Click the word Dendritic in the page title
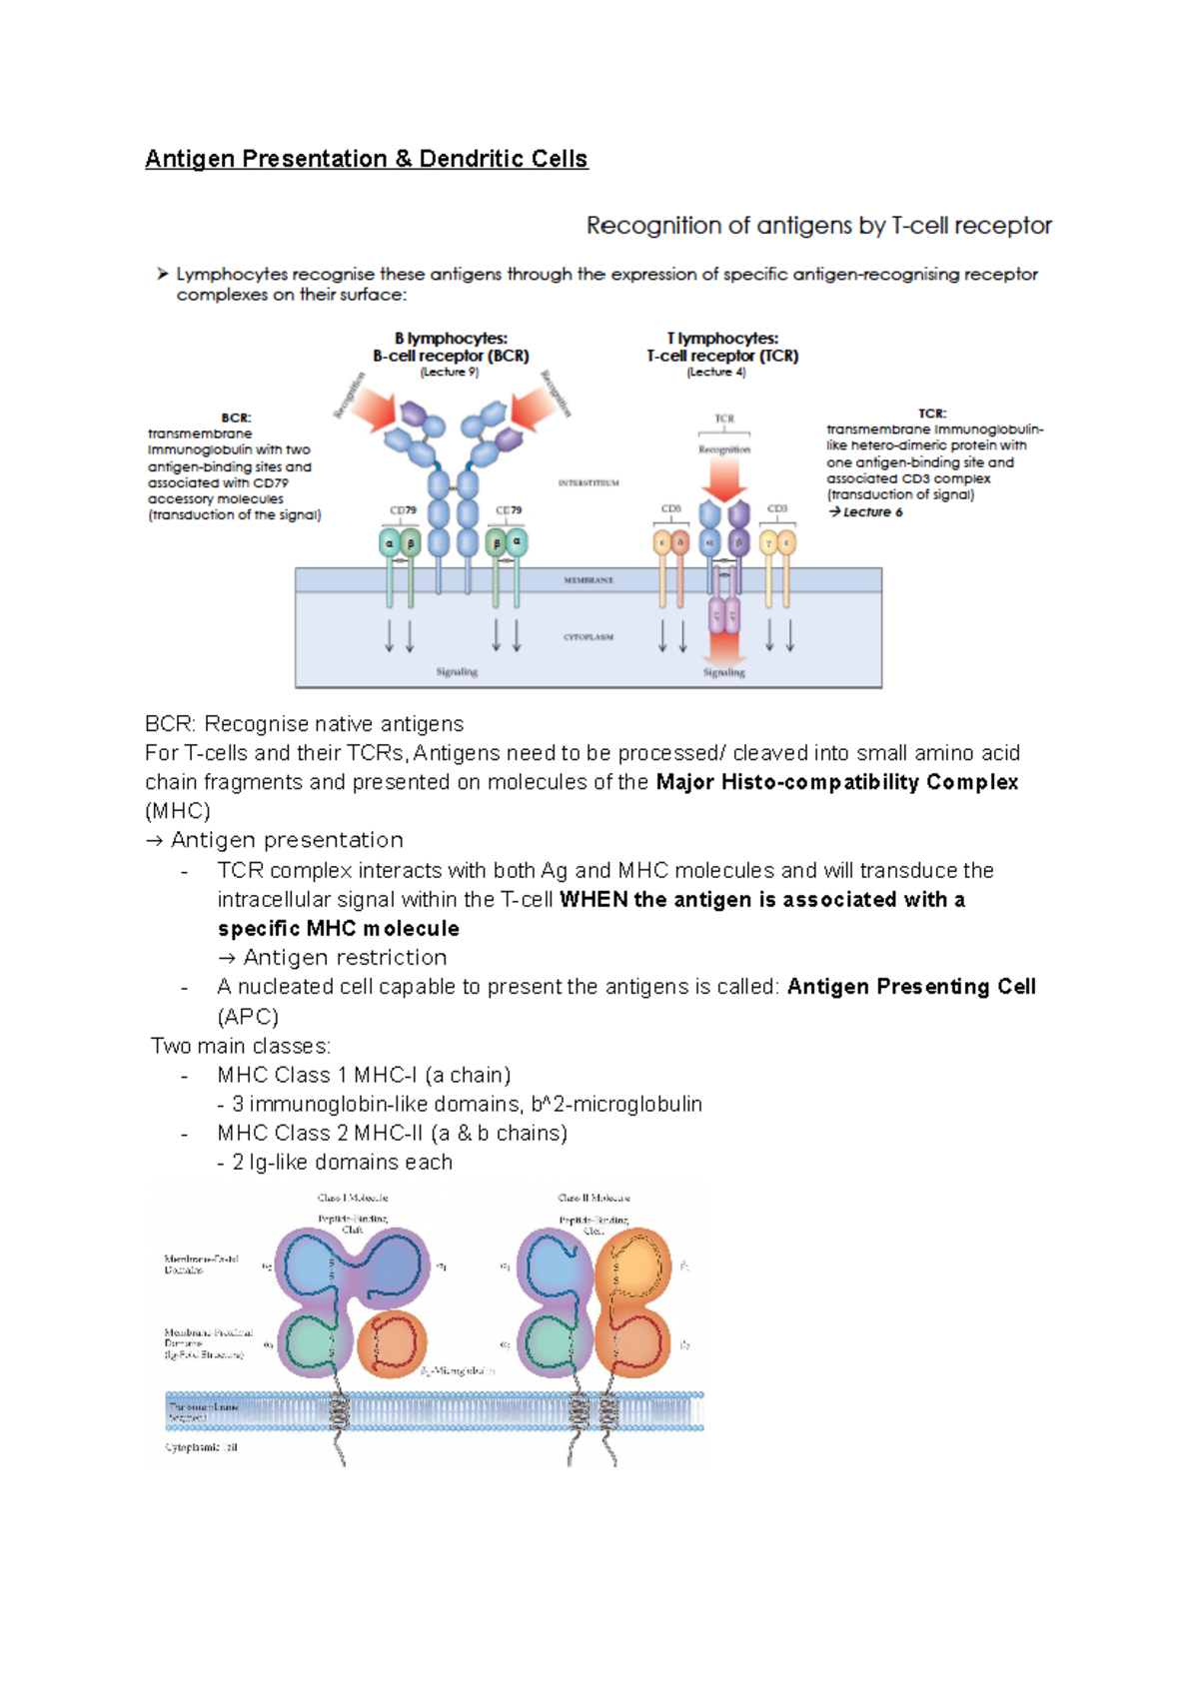tap(470, 159)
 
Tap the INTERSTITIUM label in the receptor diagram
tap(589, 482)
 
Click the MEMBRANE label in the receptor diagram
tap(589, 580)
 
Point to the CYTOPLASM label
tap(589, 636)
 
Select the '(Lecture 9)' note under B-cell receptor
tap(450, 372)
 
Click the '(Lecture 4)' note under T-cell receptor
tap(716, 372)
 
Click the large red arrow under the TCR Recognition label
tap(724, 482)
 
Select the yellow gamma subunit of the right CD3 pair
tap(768, 542)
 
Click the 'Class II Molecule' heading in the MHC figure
tap(594, 1198)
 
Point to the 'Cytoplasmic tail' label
tap(201, 1447)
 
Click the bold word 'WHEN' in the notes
tap(593, 900)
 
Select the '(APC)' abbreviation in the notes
tap(248, 1017)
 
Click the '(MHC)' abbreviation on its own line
tap(178, 811)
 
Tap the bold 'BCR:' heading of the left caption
tap(236, 418)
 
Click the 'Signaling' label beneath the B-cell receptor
tap(457, 672)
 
